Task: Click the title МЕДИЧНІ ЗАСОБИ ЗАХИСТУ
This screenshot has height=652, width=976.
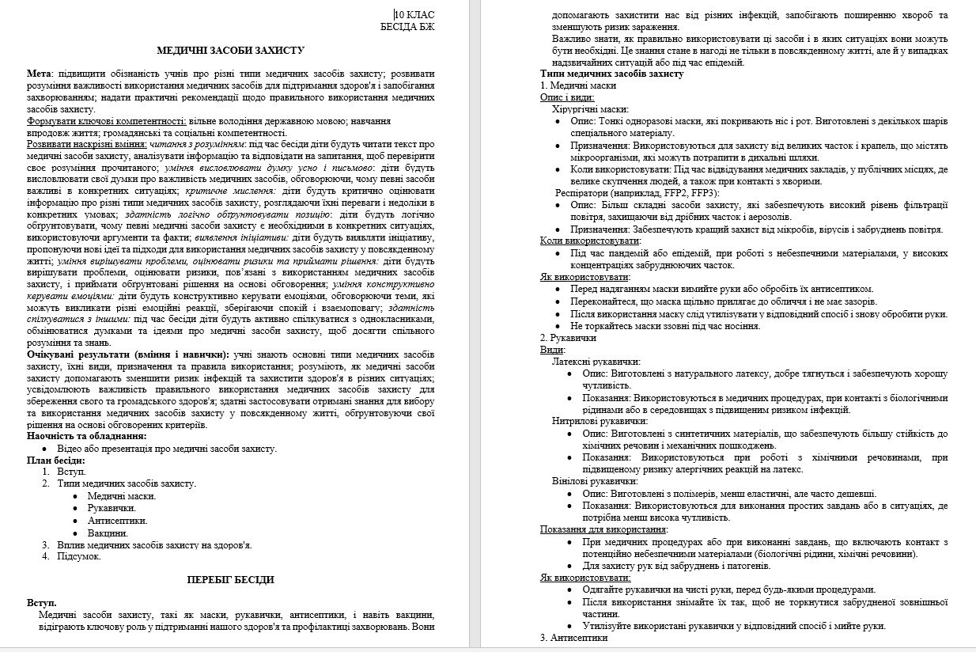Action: [x=230, y=50]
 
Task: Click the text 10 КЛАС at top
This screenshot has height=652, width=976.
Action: [x=415, y=15]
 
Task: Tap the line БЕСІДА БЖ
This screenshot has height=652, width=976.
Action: [x=407, y=27]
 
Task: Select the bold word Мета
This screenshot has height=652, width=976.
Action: [x=39, y=74]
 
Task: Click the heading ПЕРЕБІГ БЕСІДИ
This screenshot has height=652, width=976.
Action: [x=230, y=579]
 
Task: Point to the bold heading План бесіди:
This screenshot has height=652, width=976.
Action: [x=55, y=460]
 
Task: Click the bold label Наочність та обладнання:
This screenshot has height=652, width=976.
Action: [x=86, y=436]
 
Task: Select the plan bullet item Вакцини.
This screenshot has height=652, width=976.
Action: [x=108, y=533]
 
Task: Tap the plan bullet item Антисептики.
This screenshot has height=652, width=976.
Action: [x=117, y=521]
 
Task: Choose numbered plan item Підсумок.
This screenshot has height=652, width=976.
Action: [x=78, y=556]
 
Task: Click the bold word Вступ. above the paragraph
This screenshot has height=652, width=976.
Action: [x=42, y=603]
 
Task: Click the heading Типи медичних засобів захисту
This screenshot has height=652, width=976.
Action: [x=611, y=74]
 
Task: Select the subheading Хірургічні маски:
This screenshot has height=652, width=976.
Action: [x=590, y=109]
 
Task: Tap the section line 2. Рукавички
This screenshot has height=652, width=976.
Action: [x=568, y=337]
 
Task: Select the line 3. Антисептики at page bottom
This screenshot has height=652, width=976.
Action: [x=574, y=638]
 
